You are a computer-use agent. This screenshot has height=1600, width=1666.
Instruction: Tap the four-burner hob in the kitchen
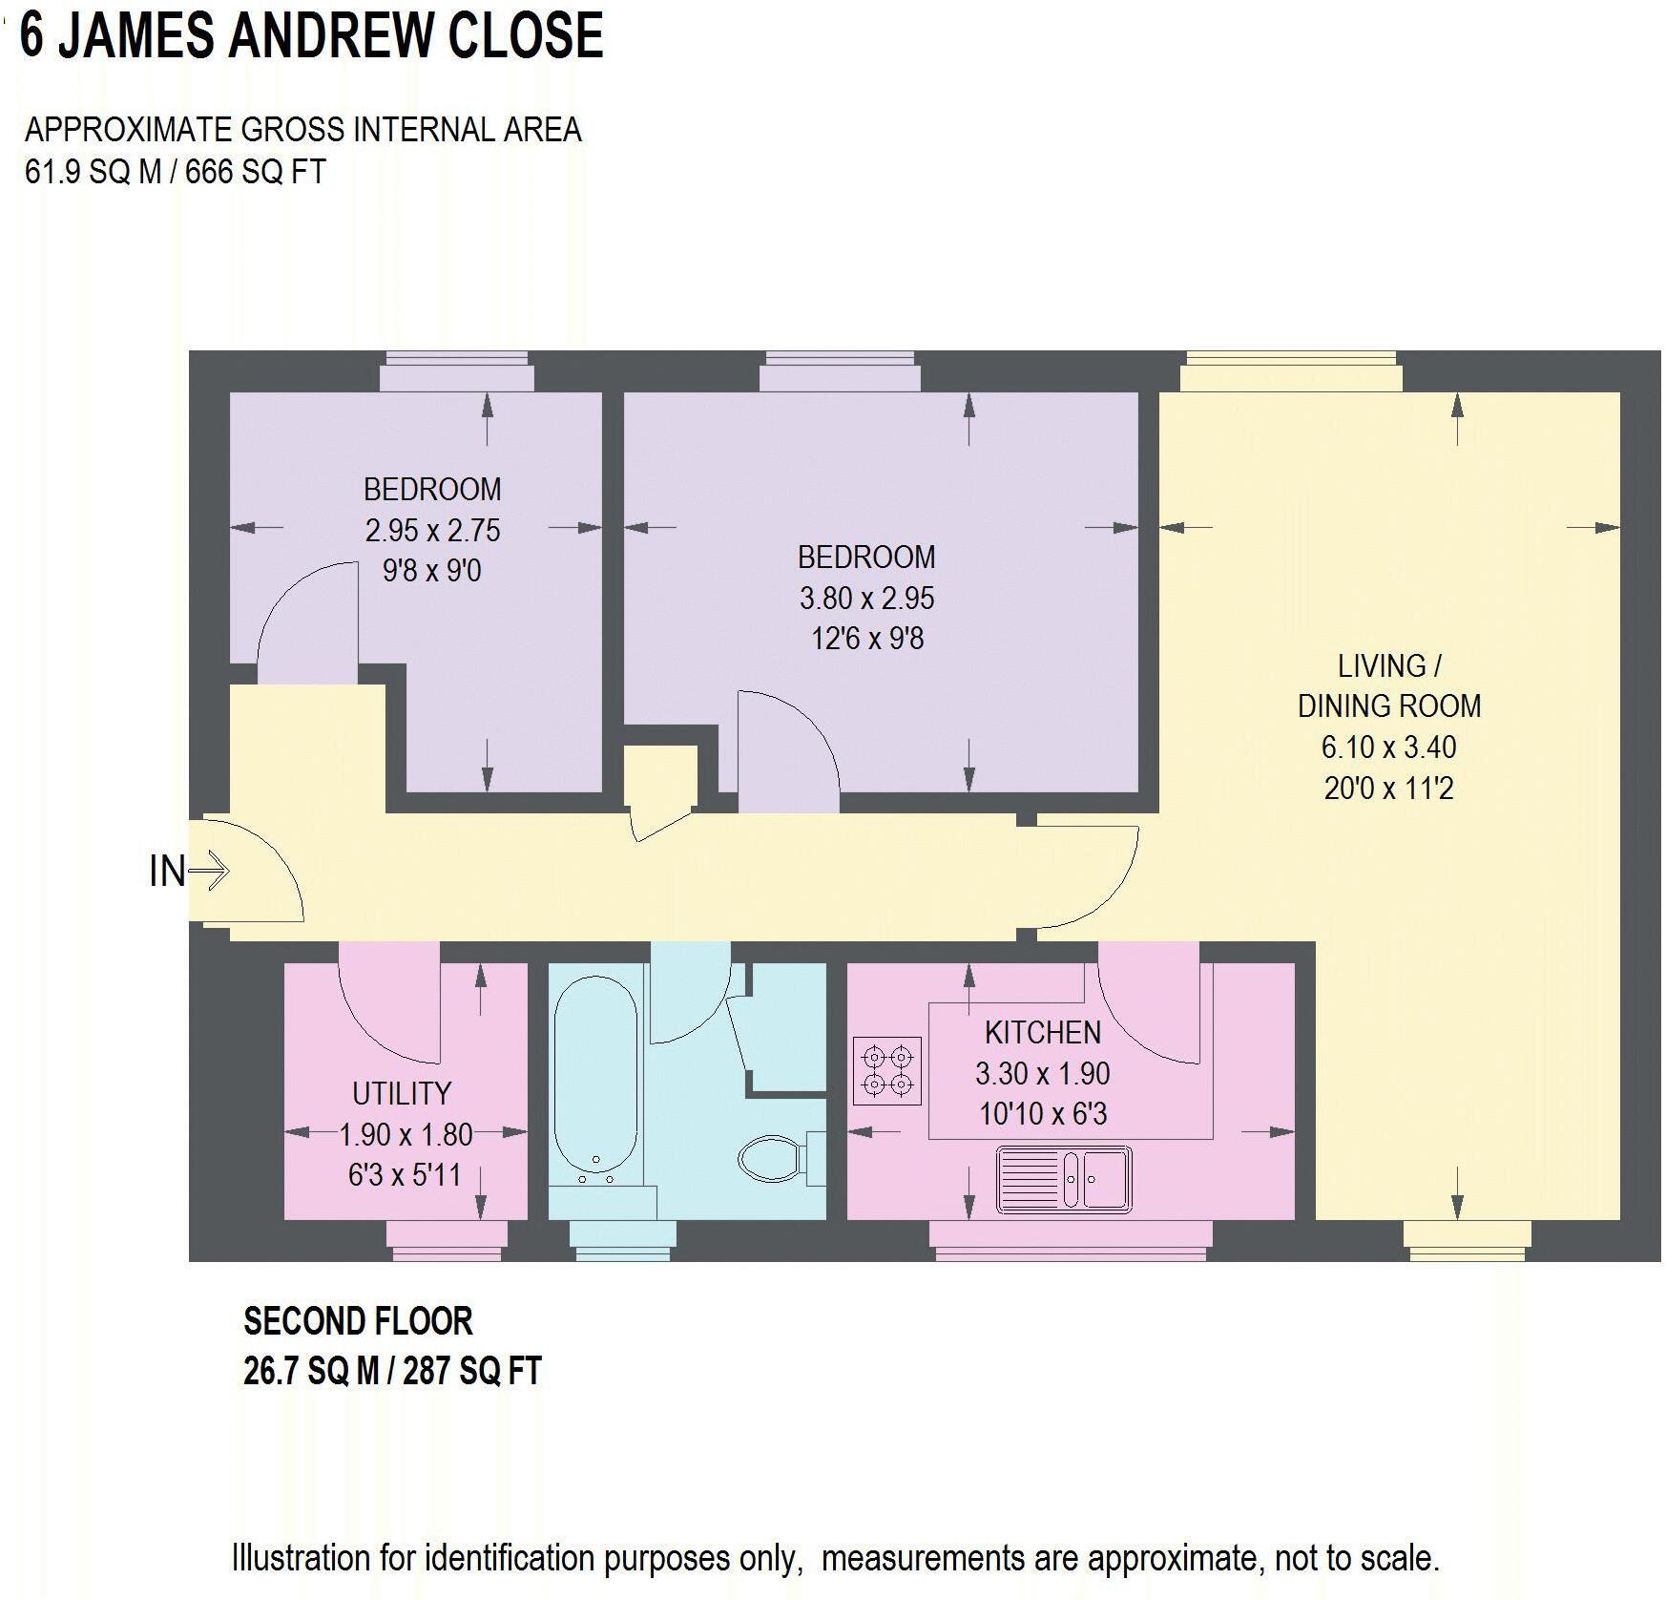(887, 1070)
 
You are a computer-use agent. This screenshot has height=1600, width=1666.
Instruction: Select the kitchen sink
(1064, 1180)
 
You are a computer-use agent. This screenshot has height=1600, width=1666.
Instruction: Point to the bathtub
(595, 1074)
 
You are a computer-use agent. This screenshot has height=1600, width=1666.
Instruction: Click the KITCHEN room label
(1042, 1032)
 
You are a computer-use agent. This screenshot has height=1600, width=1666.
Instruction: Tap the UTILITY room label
(401, 1093)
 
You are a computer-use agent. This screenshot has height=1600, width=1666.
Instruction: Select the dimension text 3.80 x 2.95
(866, 598)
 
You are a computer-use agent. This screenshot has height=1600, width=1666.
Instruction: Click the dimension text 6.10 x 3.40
(1388, 747)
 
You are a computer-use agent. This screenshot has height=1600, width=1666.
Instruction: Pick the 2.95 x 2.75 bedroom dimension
(432, 530)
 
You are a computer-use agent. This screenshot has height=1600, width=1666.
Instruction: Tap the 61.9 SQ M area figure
(93, 172)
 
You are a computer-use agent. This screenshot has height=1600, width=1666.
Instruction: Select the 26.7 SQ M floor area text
(311, 1371)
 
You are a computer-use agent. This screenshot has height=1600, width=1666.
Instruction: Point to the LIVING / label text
(1388, 665)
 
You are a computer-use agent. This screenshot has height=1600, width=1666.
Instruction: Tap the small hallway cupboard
(659, 777)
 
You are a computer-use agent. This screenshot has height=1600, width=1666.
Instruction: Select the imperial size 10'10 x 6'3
(1042, 1113)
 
